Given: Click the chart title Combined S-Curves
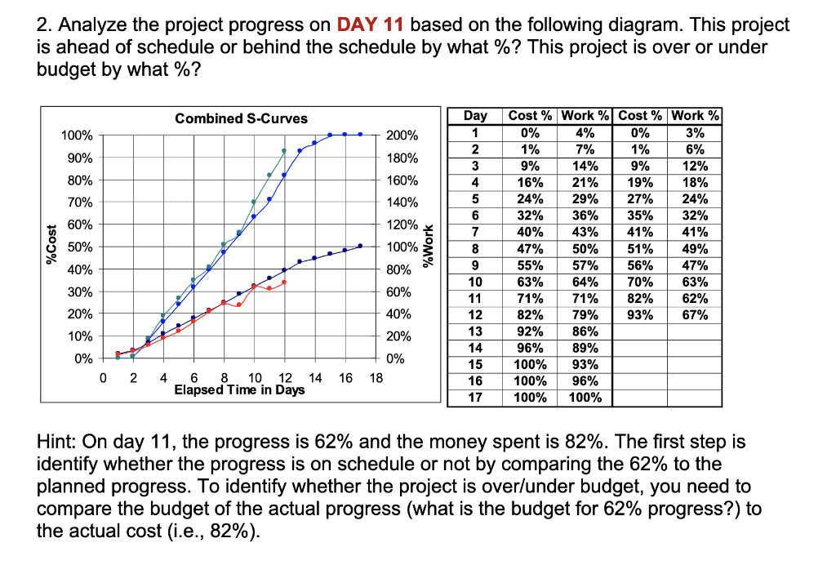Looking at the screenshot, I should click(242, 118).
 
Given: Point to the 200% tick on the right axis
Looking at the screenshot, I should click(402, 136).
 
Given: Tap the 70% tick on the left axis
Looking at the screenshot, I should click(79, 202).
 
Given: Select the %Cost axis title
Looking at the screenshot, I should click(52, 247).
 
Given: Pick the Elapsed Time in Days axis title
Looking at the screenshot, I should click(239, 390).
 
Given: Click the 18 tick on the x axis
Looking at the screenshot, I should click(376, 378).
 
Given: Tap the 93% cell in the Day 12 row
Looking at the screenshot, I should click(639, 315).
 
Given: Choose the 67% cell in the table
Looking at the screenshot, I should click(694, 315).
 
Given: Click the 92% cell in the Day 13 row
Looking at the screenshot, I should click(530, 331).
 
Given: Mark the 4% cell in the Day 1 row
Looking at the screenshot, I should click(585, 133).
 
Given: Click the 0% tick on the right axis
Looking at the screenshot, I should click(395, 358).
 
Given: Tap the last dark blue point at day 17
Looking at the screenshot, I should click(359, 247).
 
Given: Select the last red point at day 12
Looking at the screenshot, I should click(284, 282).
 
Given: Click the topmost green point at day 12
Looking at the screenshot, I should click(284, 151).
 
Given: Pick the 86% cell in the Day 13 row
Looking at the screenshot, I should click(585, 331).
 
